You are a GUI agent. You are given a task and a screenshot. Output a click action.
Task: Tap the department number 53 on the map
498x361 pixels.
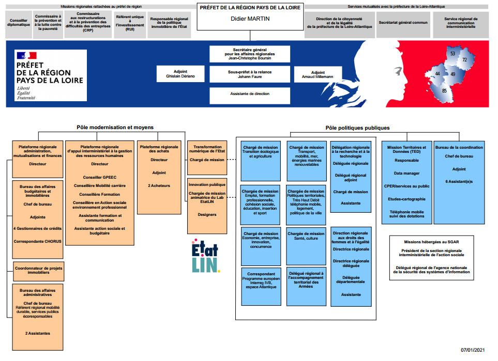[453, 54]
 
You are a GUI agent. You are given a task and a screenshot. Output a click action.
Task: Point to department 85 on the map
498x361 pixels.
[444, 91]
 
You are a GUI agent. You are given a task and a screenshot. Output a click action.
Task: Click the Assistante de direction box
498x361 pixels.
[250, 94]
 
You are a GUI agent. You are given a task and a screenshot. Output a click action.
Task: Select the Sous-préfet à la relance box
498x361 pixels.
[250, 74]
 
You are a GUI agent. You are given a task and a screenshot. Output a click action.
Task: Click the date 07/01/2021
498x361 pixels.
[473, 350]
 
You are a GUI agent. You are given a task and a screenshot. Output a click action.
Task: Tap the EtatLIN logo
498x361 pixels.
[205, 255]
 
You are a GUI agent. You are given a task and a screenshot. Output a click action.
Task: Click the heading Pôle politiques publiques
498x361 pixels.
[357, 128]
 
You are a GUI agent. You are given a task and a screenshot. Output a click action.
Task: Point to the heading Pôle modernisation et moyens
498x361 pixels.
[111, 127]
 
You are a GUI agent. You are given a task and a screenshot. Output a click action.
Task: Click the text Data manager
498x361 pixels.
[406, 174]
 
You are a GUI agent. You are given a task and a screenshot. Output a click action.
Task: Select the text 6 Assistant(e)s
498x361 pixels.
[459, 181]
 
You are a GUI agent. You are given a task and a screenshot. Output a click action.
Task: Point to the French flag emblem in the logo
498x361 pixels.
[27, 55]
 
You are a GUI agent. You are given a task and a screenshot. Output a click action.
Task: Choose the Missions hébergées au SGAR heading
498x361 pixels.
[432, 241]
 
